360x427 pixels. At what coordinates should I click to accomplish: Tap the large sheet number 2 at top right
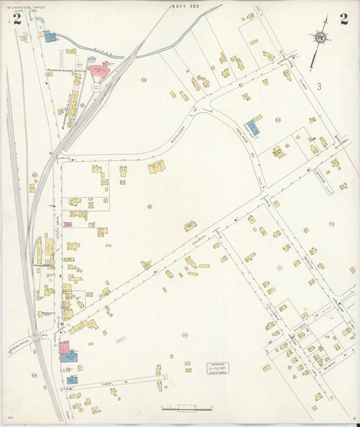tap(344, 18)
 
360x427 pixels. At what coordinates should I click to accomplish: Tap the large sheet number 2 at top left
tap(16, 18)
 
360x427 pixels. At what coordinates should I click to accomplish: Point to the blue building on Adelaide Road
tap(253, 127)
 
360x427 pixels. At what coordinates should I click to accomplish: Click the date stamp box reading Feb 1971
tap(217, 368)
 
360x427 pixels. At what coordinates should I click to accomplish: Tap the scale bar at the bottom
tap(187, 408)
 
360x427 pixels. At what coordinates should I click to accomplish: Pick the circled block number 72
tap(331, 224)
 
